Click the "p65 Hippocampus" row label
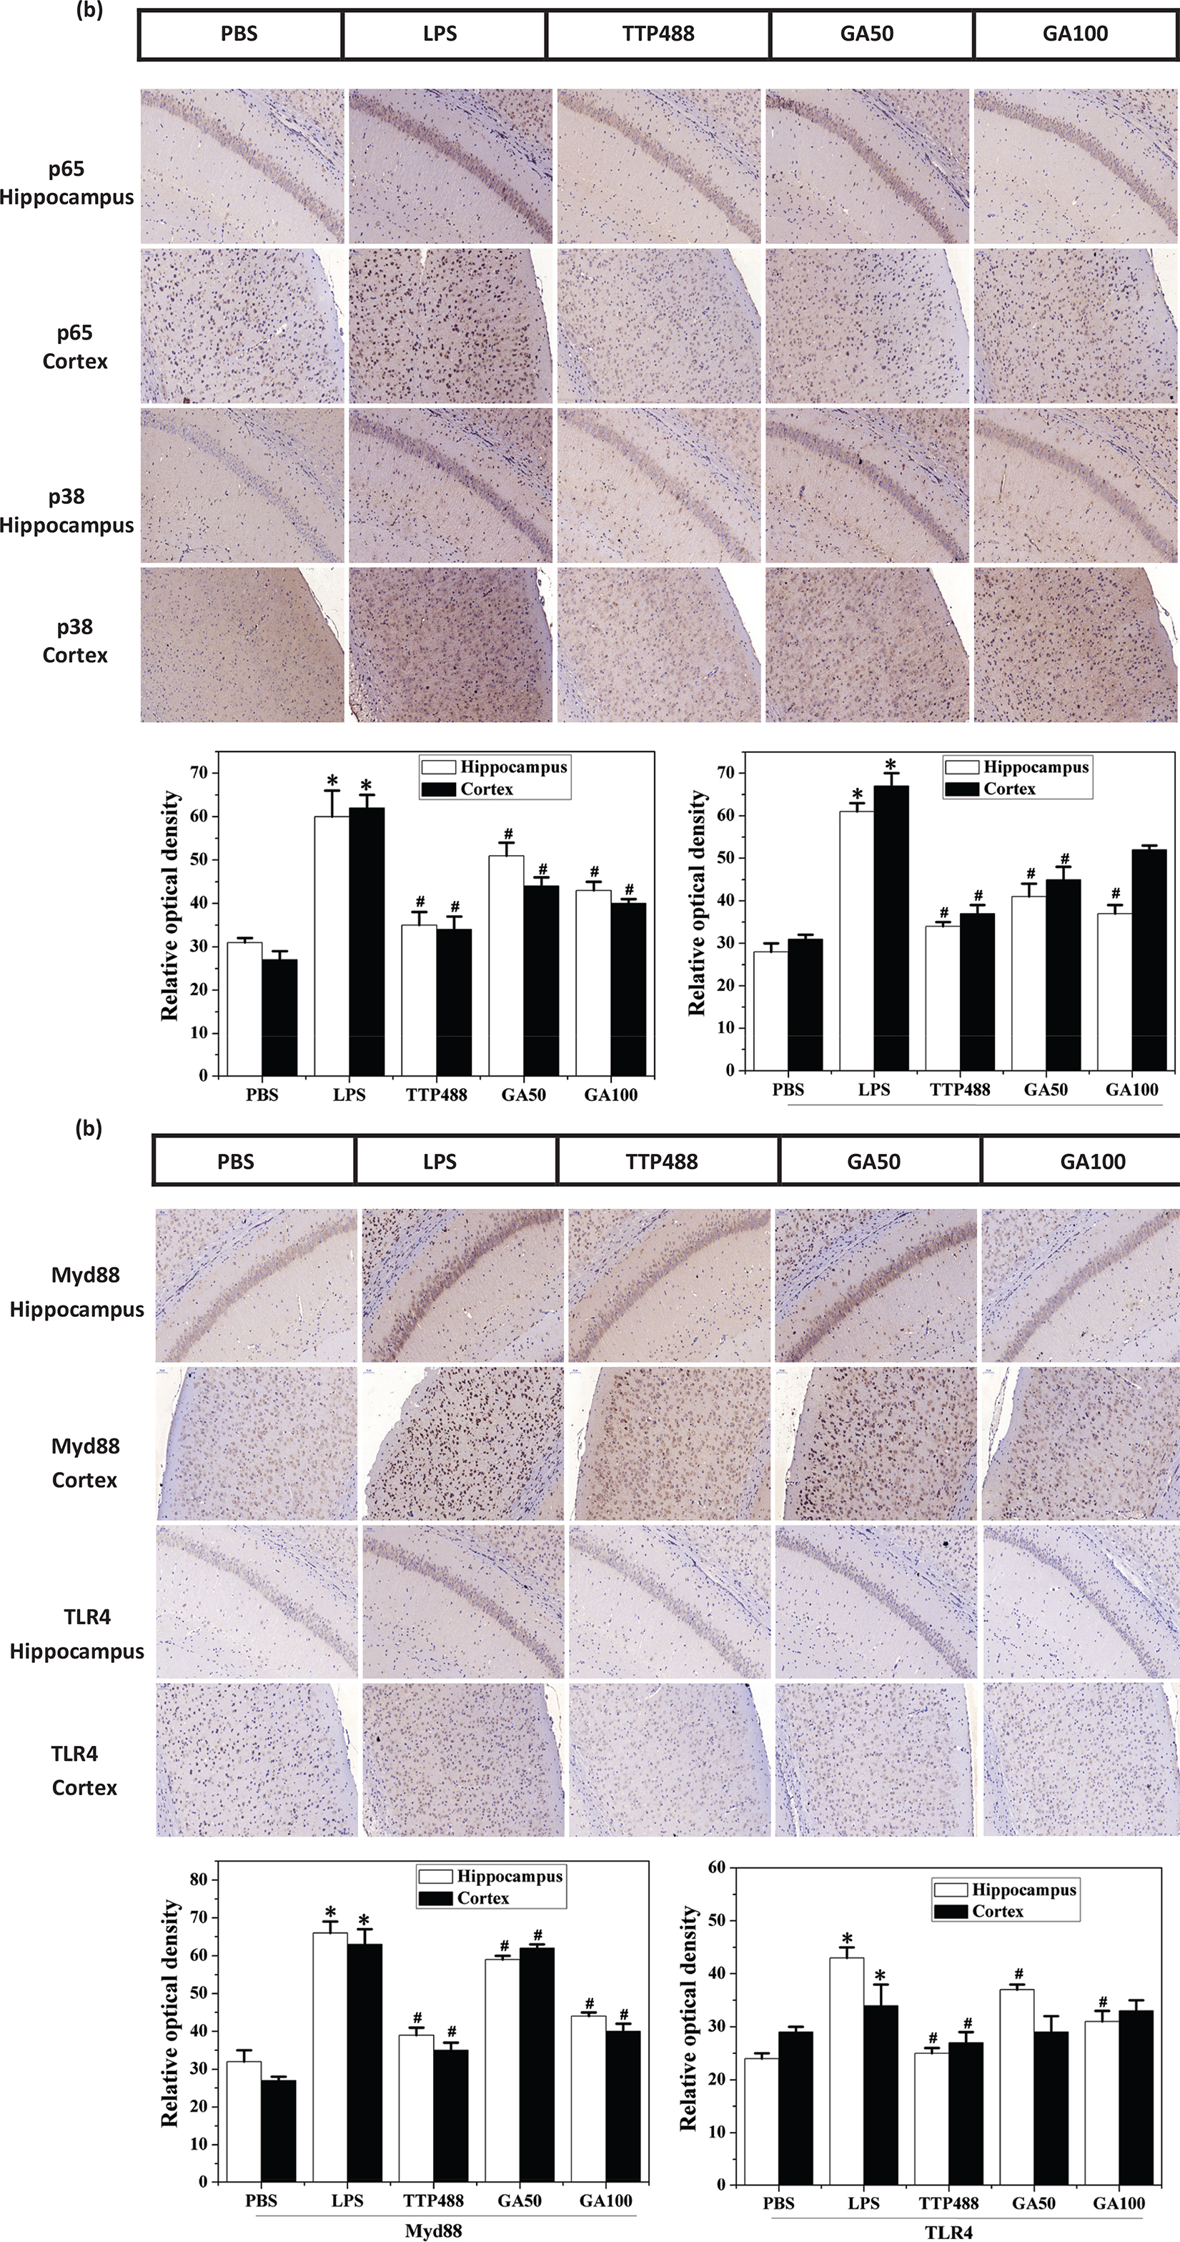(67, 183)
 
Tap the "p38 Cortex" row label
(75, 641)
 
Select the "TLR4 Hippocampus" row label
(76, 1634)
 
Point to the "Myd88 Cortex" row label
(84, 1462)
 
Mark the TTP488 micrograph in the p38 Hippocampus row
(659, 485)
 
